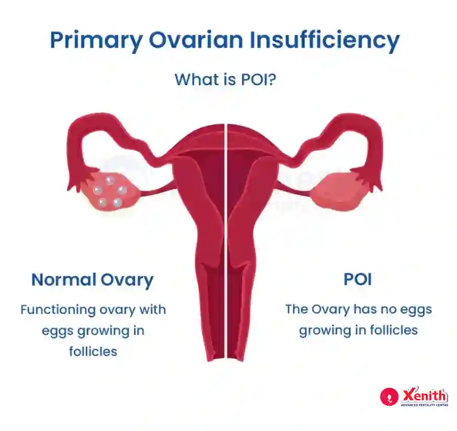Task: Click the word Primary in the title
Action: pyautogui.click(x=96, y=40)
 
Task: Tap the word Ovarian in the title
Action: pyautogui.click(x=196, y=40)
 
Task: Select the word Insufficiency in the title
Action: pyautogui.click(x=324, y=40)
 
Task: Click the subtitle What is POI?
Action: pyautogui.click(x=225, y=80)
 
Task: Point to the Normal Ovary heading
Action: pyautogui.click(x=93, y=280)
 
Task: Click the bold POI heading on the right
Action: pyautogui.click(x=358, y=279)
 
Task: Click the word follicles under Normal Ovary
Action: pyautogui.click(x=93, y=351)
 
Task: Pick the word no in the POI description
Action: pyautogui.click(x=389, y=310)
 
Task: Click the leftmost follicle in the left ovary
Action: pyautogui.click(x=97, y=191)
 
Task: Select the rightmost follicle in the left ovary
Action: pyautogui.click(x=122, y=190)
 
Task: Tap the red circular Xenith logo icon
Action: pyautogui.click(x=389, y=396)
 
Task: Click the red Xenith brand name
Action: pyautogui.click(x=424, y=395)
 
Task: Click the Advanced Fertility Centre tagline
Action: pyautogui.click(x=425, y=405)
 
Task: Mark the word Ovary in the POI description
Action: pyautogui.click(x=330, y=310)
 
